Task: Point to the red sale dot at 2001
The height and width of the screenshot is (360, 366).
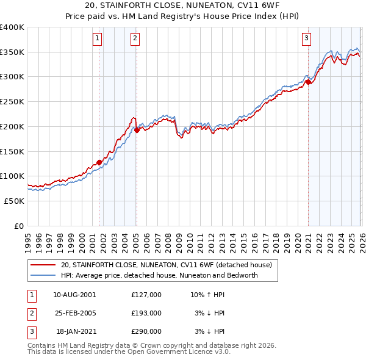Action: click(99, 162)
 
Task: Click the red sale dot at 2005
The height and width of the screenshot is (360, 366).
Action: click(137, 129)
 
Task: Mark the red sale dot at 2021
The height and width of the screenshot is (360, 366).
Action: click(308, 81)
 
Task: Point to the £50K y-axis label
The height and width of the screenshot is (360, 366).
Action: click(15, 201)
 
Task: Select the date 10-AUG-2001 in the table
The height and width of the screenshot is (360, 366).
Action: click(74, 294)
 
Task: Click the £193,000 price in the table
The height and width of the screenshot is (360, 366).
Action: click(146, 313)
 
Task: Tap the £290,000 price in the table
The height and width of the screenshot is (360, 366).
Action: click(146, 332)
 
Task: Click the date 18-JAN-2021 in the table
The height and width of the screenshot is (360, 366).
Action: click(74, 332)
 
